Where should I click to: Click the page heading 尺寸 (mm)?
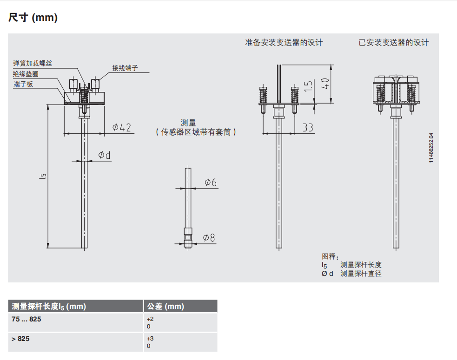click(x=33, y=18)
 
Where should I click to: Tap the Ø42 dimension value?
click(x=121, y=127)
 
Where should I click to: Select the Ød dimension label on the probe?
click(x=105, y=155)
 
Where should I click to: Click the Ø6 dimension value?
click(x=211, y=183)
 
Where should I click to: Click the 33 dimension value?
click(x=308, y=127)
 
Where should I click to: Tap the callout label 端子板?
click(x=23, y=84)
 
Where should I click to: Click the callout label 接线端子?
click(x=125, y=68)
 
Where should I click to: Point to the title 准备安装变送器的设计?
click(x=284, y=43)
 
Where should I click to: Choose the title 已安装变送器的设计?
click(x=393, y=43)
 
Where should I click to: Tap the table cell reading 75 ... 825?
click(x=29, y=320)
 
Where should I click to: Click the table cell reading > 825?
click(x=21, y=339)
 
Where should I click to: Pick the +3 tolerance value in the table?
click(x=150, y=338)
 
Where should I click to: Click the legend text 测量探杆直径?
click(x=361, y=274)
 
